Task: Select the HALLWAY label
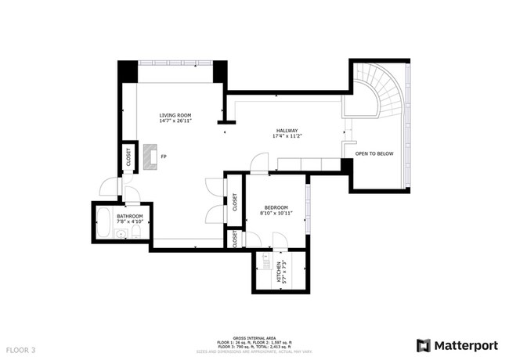click(x=286, y=131)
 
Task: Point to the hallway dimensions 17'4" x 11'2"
click(x=286, y=137)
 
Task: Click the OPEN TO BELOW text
click(x=374, y=154)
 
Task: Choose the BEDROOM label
click(x=275, y=207)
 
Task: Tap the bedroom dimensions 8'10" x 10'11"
click(x=275, y=213)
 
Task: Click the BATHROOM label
click(x=130, y=215)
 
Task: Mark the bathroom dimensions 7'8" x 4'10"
click(x=130, y=221)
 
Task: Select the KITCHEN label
click(x=276, y=272)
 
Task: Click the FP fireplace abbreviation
click(x=163, y=157)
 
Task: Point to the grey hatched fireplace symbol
click(x=149, y=157)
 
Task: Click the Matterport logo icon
click(x=424, y=345)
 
